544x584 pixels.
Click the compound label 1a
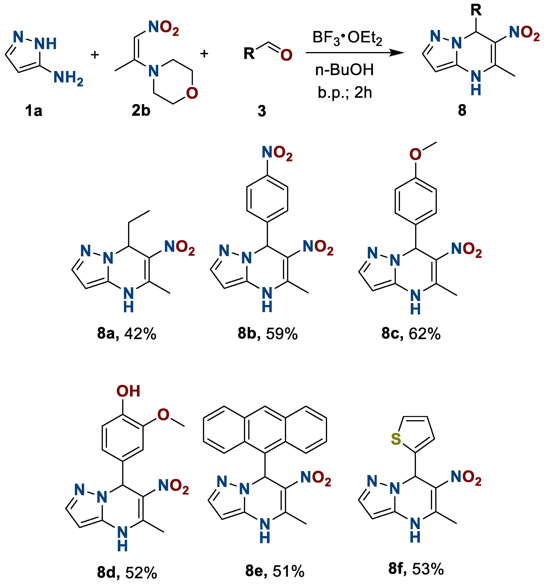point(33,111)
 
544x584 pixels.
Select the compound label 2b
point(141,111)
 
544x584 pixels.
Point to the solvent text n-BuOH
point(344,70)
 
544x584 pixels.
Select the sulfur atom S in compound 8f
point(396,439)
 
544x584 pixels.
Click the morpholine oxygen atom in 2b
point(192,93)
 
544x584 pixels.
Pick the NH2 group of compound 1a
point(68,78)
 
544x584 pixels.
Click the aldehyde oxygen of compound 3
point(286,55)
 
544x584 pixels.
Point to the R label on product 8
point(476,11)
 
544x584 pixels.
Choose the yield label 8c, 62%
point(411,334)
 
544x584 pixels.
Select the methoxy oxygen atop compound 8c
point(415,154)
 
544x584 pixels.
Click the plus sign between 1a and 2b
point(95,55)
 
